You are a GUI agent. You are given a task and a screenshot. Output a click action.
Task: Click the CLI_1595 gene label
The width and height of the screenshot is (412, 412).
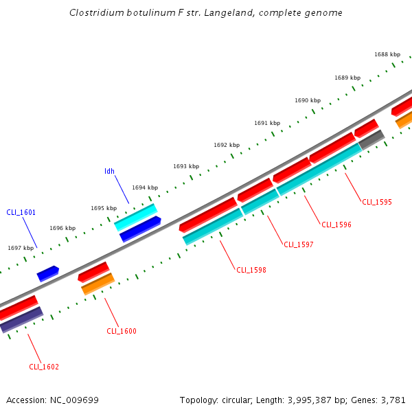[x=377, y=202]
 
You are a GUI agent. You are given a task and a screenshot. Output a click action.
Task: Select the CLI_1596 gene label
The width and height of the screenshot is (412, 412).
[x=336, y=225]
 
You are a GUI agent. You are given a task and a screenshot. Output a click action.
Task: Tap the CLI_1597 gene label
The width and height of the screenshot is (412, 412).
[x=299, y=244]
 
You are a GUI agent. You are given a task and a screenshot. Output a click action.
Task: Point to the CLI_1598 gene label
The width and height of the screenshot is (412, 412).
[x=251, y=270]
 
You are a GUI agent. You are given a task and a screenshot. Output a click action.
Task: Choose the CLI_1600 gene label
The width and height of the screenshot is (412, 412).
[x=122, y=331]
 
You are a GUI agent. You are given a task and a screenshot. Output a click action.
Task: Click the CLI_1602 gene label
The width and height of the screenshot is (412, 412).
[x=44, y=367]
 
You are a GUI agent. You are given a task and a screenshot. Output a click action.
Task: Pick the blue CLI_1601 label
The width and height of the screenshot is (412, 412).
[x=21, y=212]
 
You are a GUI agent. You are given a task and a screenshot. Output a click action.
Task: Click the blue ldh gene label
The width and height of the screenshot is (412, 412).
[x=109, y=171]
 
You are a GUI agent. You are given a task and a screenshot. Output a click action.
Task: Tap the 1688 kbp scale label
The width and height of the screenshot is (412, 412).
[x=387, y=54]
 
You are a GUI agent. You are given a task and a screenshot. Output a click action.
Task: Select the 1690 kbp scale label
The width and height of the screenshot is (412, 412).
[x=308, y=100]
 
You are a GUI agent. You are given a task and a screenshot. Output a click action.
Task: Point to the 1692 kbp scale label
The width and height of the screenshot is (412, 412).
[x=227, y=145]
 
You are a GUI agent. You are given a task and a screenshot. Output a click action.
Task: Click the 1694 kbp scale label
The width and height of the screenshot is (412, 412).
[x=145, y=187]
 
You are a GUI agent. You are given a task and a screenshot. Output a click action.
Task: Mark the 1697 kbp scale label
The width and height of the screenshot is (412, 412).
[x=21, y=248]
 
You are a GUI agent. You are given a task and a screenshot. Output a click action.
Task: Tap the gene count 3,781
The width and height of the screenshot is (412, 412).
[x=393, y=400]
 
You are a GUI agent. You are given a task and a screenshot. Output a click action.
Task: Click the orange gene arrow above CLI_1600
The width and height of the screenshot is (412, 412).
[x=98, y=284]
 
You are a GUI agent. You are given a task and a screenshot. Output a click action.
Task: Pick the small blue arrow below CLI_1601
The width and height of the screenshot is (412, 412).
[x=47, y=273]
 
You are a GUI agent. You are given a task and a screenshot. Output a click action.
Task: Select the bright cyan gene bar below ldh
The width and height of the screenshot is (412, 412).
[x=135, y=217]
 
